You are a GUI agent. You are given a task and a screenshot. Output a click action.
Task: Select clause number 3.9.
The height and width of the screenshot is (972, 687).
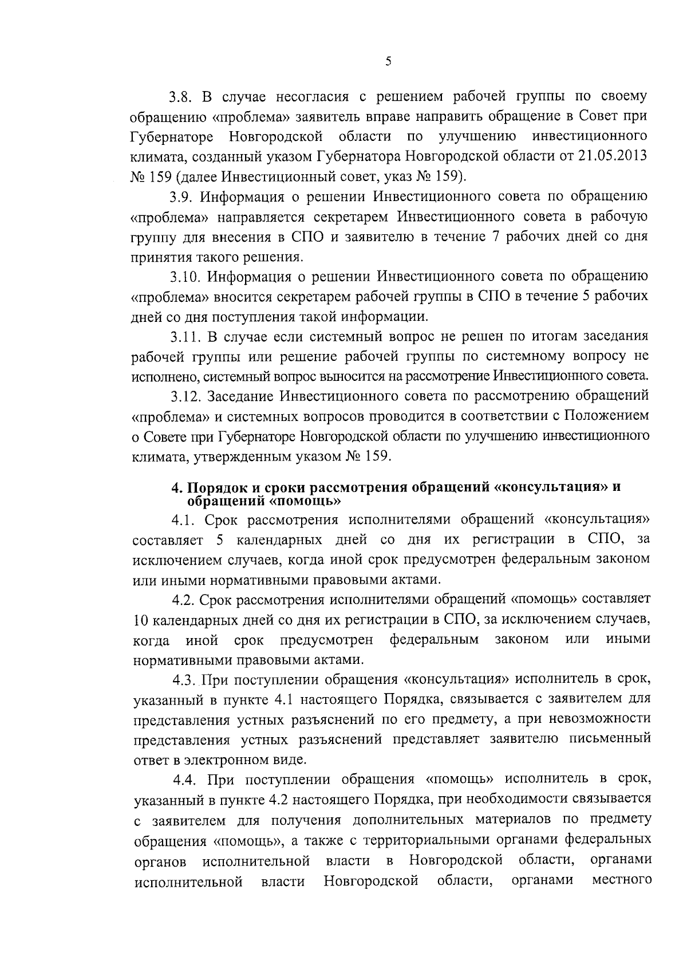pos(181,197)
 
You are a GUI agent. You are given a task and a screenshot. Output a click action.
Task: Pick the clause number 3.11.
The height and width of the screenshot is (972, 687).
pos(184,337)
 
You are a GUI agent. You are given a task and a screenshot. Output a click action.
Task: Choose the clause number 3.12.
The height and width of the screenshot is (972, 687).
pos(185,396)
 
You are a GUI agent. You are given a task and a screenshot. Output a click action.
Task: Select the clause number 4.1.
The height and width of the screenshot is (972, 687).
pos(184,520)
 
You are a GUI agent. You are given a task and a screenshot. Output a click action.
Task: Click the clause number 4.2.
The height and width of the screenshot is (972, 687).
pos(184,600)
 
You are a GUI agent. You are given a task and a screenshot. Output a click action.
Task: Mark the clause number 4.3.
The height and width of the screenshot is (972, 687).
pos(185,680)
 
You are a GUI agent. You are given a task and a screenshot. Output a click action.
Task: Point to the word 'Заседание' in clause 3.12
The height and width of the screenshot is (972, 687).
pos(240,396)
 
